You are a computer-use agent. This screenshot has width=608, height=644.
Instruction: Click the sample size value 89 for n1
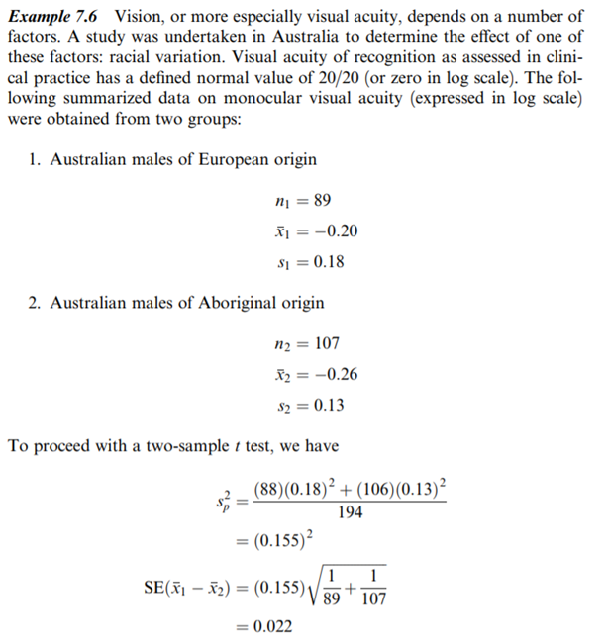tap(321, 201)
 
